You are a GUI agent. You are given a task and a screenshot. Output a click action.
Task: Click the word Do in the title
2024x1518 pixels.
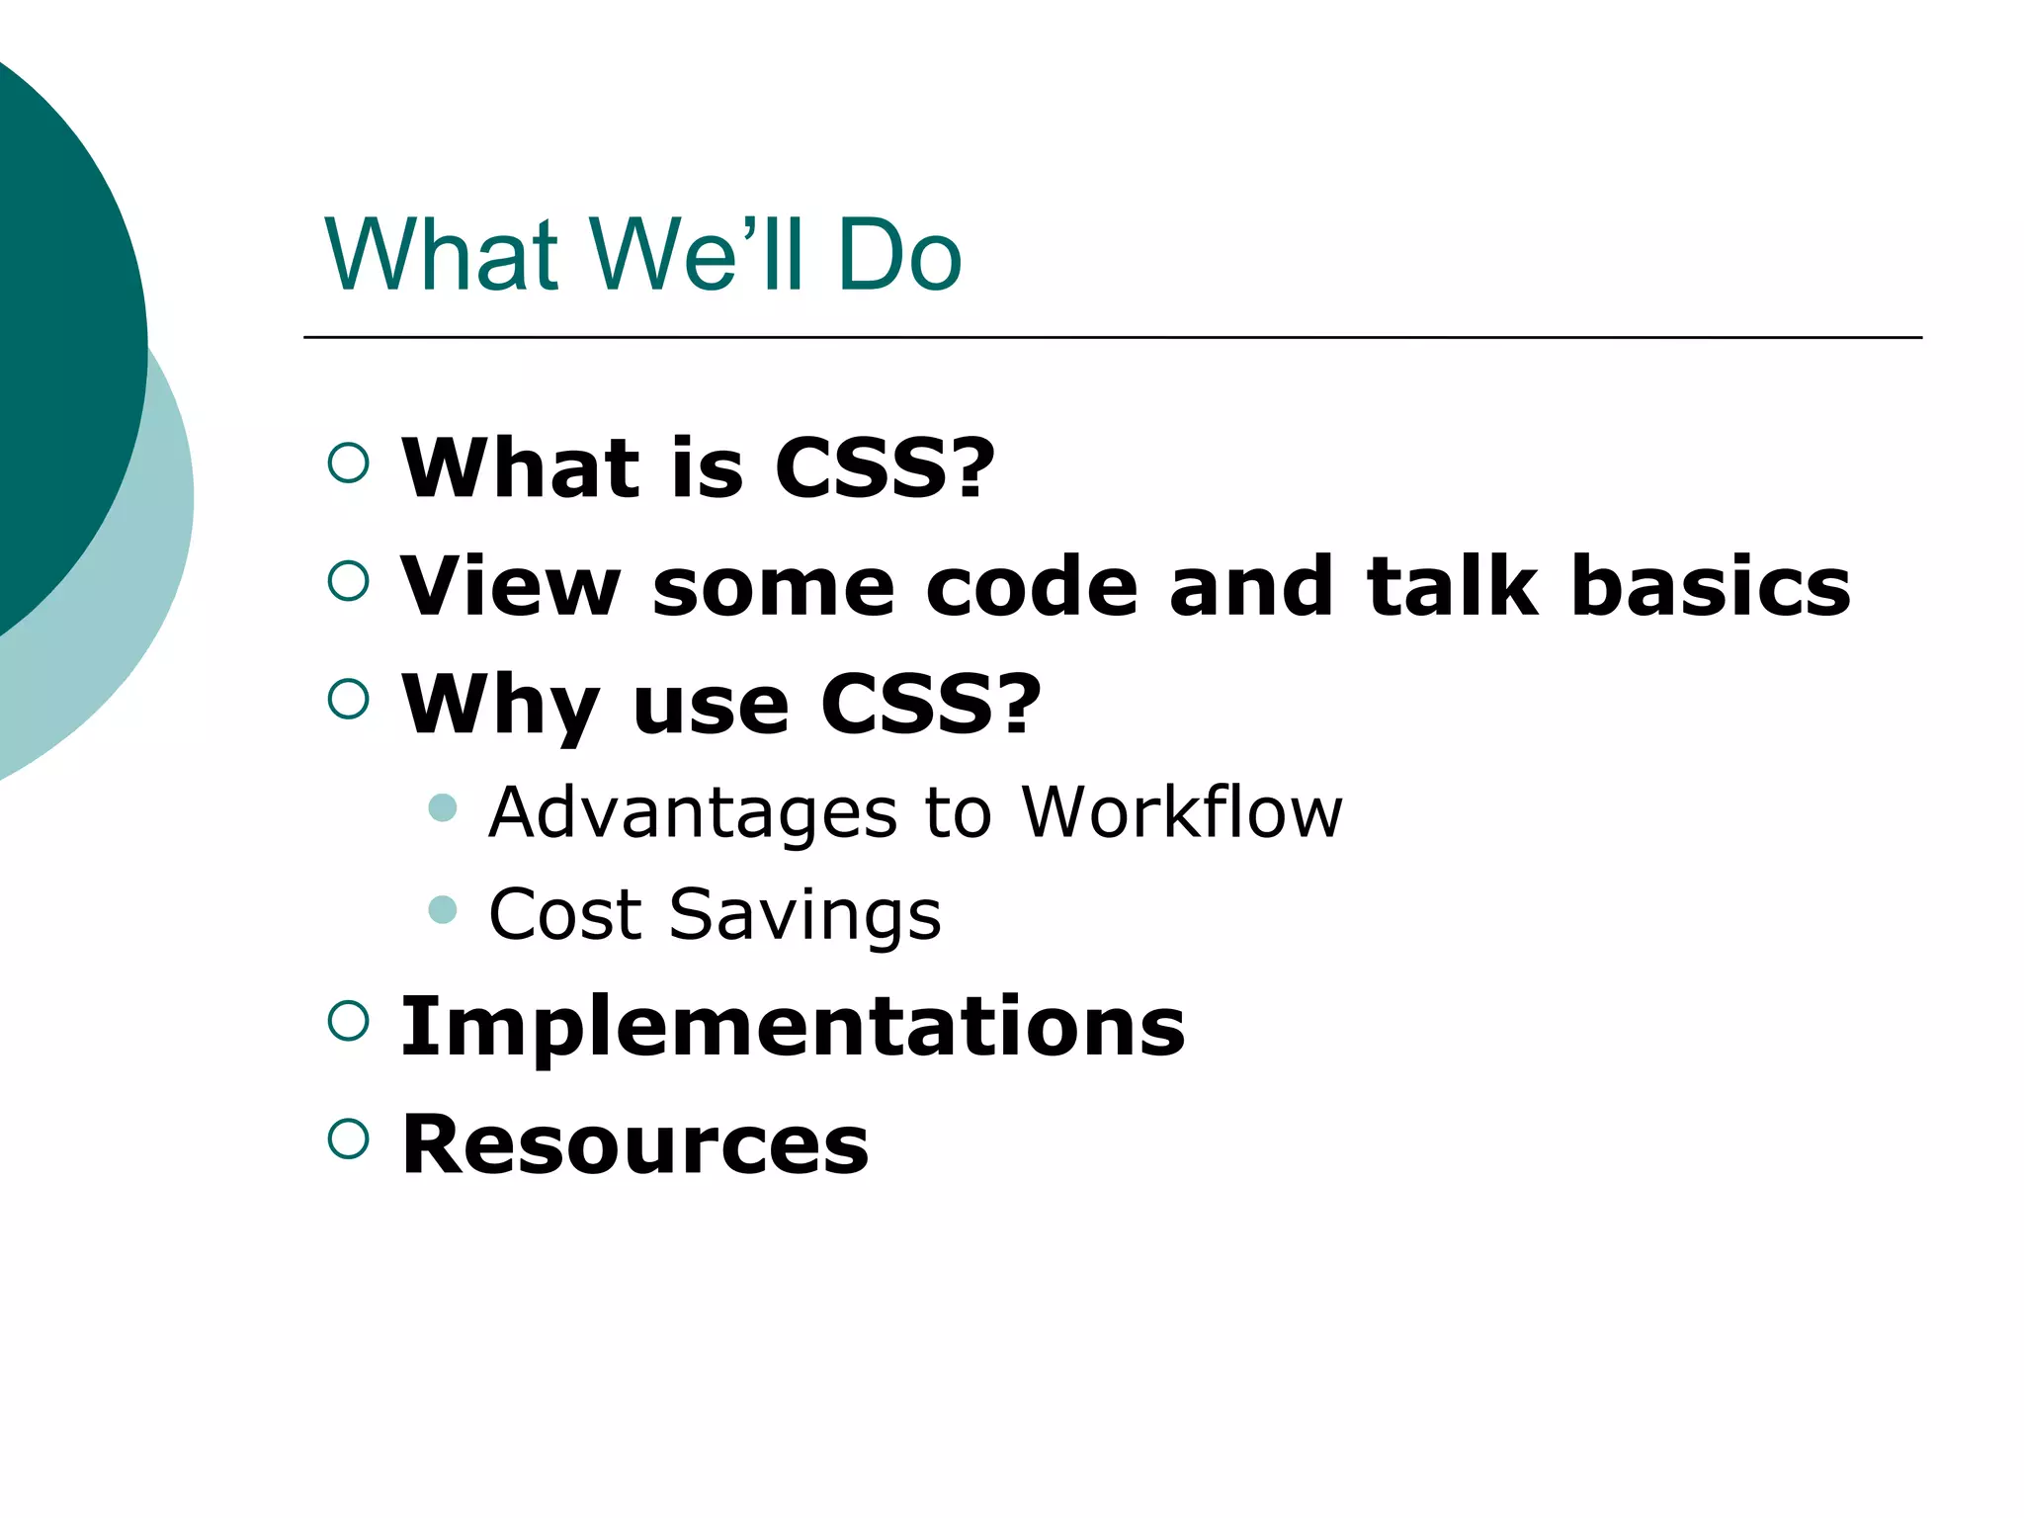(898, 255)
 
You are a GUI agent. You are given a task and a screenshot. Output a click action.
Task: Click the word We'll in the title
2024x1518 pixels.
(698, 255)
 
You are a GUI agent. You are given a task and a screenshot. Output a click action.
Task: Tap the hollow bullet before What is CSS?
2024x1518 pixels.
(348, 463)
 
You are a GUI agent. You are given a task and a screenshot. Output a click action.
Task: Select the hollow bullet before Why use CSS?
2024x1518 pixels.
(348, 699)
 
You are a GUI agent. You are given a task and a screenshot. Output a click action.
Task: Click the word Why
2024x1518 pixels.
(500, 706)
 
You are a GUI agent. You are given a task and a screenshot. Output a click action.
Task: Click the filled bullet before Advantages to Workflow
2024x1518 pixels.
(443, 807)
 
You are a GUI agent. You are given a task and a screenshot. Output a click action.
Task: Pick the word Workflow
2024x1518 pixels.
(1182, 812)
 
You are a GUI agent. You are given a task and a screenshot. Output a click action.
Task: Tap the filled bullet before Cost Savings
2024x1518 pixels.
(443, 909)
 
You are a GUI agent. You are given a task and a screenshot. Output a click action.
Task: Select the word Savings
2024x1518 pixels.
(804, 916)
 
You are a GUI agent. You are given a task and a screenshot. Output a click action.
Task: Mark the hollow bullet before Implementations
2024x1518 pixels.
(348, 1020)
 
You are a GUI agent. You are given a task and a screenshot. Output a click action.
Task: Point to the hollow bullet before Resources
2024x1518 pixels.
(348, 1138)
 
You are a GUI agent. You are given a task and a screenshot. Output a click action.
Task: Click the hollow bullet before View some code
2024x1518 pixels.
(348, 581)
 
